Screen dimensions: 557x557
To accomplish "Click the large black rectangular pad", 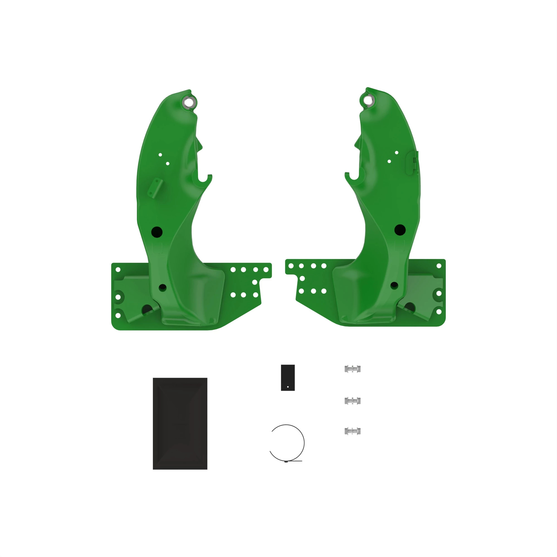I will click(180, 424).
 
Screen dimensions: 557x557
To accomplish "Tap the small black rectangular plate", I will click(288, 377).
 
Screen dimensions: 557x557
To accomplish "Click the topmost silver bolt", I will click(352, 369).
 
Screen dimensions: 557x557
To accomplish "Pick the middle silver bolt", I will click(352, 401).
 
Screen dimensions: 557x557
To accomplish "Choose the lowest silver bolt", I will click(352, 431).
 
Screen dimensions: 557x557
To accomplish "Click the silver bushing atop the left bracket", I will click(189, 102).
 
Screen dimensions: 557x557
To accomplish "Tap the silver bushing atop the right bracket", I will click(368, 100).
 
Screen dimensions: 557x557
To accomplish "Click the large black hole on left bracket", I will click(157, 232).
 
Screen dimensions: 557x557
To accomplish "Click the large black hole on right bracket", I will click(400, 230).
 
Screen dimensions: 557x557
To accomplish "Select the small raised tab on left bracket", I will click(155, 188).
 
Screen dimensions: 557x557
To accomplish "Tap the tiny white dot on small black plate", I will click(288, 387).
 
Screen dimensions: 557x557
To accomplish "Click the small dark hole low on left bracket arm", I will click(163, 287).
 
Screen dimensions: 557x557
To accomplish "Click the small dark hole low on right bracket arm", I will click(394, 285).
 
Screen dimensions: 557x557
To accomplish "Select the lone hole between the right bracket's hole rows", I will click(302, 278).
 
